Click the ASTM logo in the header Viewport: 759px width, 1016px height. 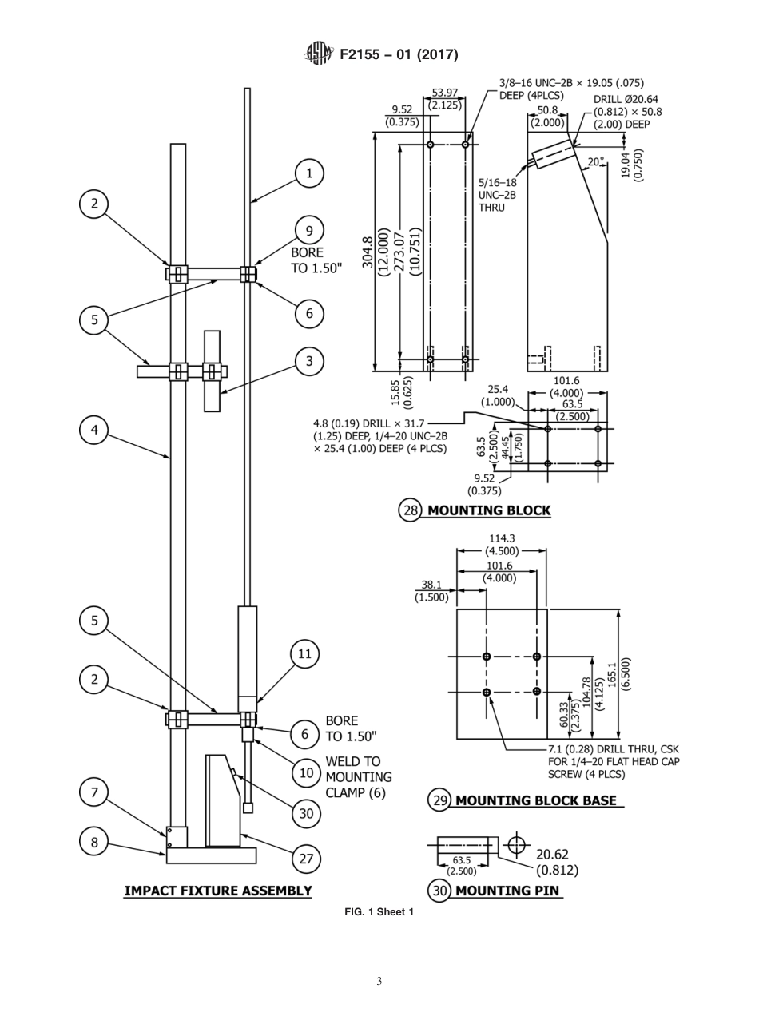[318, 54]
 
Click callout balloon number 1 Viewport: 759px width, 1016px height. [309, 173]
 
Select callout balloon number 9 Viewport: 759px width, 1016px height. [309, 231]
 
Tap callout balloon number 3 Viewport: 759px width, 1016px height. [309, 361]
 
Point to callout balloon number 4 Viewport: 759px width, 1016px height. [94, 430]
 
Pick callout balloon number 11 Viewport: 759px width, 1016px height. [304, 654]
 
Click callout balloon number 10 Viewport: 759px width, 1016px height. [307, 772]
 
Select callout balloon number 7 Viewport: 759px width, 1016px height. [94, 792]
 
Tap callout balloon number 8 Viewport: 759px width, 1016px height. [94, 841]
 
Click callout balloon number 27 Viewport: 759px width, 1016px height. [307, 859]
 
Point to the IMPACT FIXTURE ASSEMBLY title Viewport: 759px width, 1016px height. [217, 891]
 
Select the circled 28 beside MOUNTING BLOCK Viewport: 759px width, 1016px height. [410, 510]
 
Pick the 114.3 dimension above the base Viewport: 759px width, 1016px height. [502, 539]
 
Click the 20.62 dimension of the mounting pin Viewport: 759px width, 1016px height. [552, 855]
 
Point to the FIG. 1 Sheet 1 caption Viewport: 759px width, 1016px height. [379, 912]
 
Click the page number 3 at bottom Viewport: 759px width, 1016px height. [379, 982]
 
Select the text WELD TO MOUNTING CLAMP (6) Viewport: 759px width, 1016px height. [358, 776]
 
